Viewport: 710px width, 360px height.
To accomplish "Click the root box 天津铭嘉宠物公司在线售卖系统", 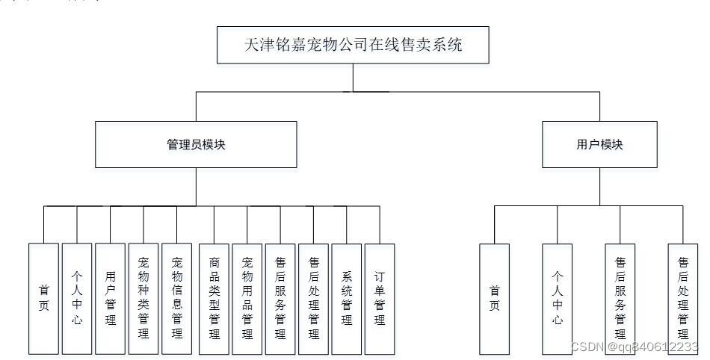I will click(x=354, y=46).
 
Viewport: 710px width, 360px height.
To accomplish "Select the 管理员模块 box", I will click(x=196, y=144).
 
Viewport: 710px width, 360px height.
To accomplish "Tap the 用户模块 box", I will click(x=599, y=144).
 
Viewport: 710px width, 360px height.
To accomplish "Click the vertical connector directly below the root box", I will click(x=354, y=78).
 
